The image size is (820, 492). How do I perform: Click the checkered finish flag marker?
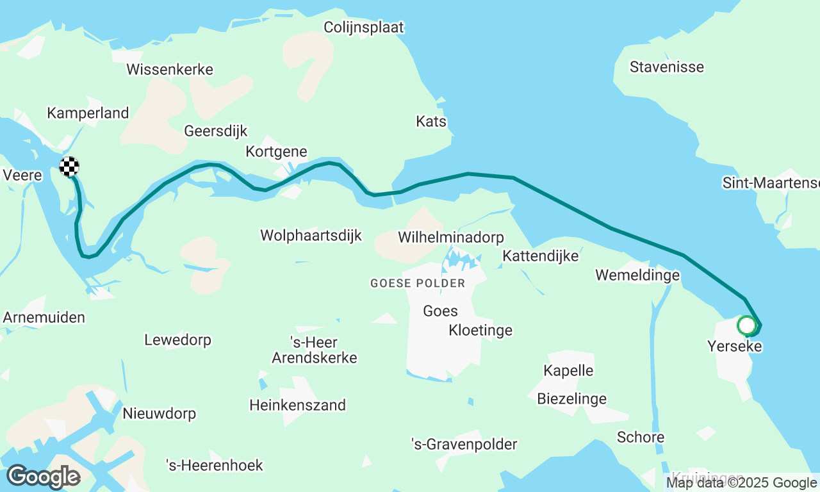click(x=69, y=167)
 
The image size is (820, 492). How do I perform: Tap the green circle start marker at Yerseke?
click(x=746, y=325)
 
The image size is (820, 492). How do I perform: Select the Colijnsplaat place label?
click(x=364, y=28)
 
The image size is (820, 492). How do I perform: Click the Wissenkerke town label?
click(x=170, y=70)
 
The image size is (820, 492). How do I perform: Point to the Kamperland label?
click(x=88, y=113)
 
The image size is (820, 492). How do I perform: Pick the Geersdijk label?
click(x=215, y=131)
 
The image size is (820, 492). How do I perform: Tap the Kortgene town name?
click(x=276, y=152)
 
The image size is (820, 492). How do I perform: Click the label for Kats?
click(x=431, y=122)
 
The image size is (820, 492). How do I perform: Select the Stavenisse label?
click(x=666, y=67)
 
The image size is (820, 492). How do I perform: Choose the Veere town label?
click(x=22, y=176)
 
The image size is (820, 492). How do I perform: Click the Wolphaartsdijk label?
click(x=311, y=236)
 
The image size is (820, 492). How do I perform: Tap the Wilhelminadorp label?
click(x=450, y=238)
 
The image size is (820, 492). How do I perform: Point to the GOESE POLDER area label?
click(x=418, y=283)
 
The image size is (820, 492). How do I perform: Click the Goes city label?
click(x=440, y=311)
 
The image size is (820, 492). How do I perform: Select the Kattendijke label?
click(x=540, y=256)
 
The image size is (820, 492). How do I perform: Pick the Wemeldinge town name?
click(x=637, y=275)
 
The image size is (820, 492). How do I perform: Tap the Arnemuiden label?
click(x=44, y=318)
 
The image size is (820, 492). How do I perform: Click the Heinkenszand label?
click(x=297, y=406)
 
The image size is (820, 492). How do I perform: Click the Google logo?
click(x=43, y=477)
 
